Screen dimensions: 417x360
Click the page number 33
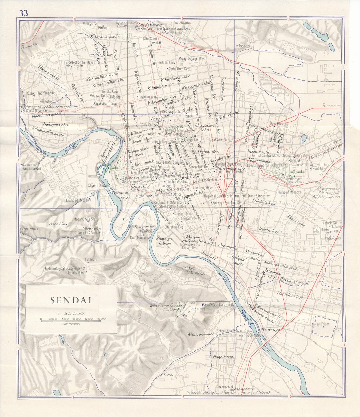tap(24, 13)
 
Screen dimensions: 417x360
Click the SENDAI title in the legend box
tap(71, 300)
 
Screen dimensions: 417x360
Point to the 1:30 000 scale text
tap(70, 314)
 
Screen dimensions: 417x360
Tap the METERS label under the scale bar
tap(70, 324)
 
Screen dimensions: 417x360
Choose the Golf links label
tap(29, 229)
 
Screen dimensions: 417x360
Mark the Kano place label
tap(169, 374)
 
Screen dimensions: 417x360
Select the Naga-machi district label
tap(224, 357)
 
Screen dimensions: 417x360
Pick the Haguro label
tap(91, 23)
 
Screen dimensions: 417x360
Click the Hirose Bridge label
tap(249, 336)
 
